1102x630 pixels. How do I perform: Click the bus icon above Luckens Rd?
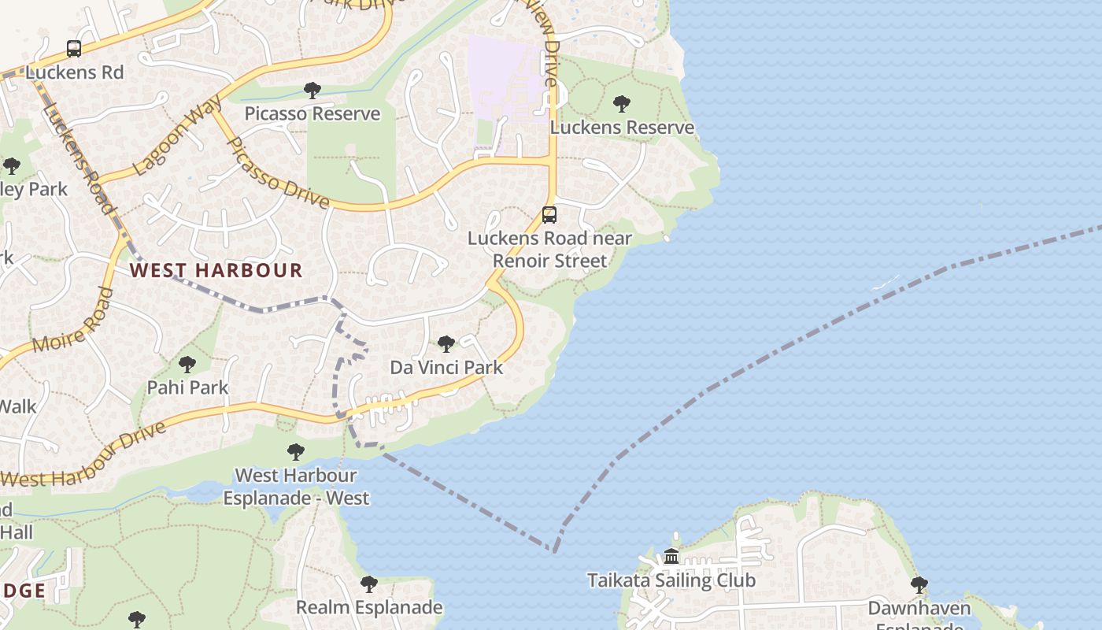(x=74, y=49)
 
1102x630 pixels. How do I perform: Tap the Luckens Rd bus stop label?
(x=75, y=72)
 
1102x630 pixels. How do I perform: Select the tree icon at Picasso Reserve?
(x=312, y=91)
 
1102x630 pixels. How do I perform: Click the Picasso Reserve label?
(x=312, y=113)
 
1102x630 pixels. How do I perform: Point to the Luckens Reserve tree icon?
(x=622, y=104)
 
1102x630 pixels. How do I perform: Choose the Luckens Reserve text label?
(x=622, y=127)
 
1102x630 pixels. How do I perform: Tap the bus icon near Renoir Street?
(x=549, y=214)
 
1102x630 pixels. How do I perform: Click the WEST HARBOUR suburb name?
(x=216, y=270)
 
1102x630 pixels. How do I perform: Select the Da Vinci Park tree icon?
(x=446, y=344)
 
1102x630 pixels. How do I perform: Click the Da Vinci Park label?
(x=446, y=367)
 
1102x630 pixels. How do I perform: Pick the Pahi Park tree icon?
(x=187, y=365)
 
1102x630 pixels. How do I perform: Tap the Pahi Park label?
(x=187, y=387)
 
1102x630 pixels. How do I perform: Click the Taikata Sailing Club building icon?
(x=671, y=557)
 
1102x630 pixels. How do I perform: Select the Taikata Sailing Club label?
(x=671, y=580)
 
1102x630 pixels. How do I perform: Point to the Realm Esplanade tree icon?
(x=368, y=584)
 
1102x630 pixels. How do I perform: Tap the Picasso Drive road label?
(x=277, y=173)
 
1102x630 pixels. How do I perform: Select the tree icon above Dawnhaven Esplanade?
(x=919, y=585)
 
